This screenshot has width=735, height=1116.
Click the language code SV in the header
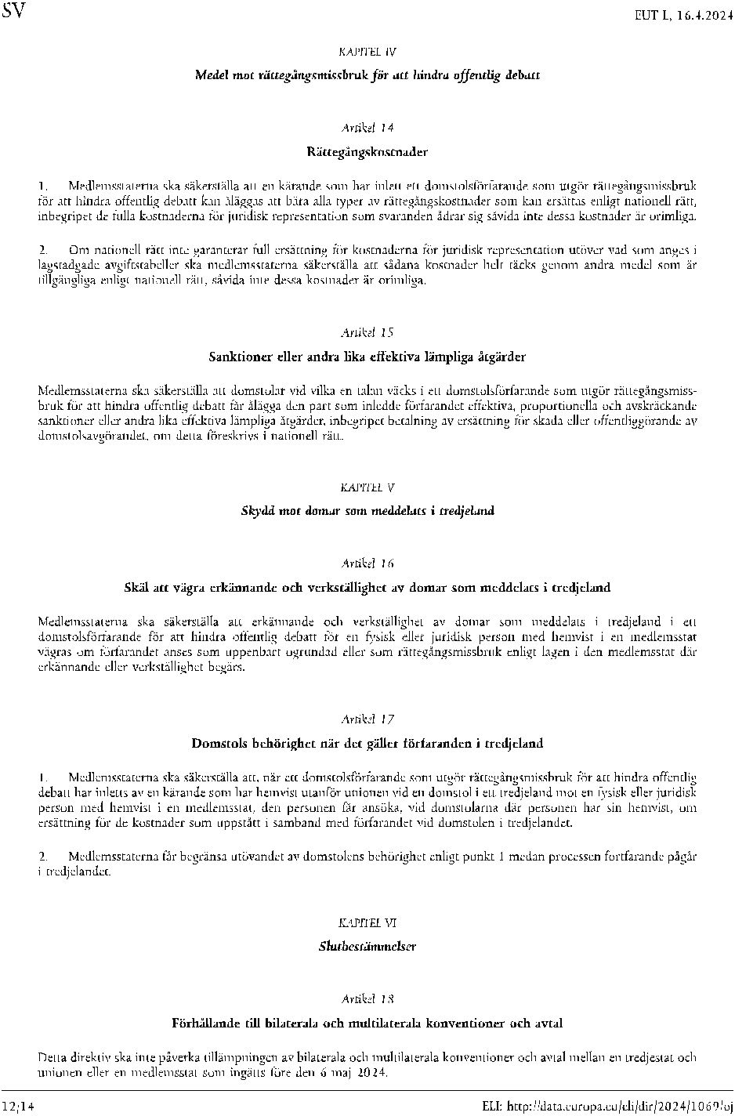[15, 12]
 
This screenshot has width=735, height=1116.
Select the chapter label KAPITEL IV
[367, 53]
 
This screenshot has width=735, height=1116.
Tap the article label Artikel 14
[367, 127]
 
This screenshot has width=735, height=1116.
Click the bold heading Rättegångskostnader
[367, 151]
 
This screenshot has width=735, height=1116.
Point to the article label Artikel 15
[367, 332]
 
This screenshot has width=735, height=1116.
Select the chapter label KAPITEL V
[367, 487]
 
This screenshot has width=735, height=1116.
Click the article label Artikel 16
[367, 563]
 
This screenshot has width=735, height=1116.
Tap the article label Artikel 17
[367, 719]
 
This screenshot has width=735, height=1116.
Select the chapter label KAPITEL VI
[367, 922]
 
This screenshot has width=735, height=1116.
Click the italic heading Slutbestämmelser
[367, 946]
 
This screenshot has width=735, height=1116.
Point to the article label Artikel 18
[367, 999]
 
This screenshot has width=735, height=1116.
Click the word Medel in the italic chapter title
[211, 76]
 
